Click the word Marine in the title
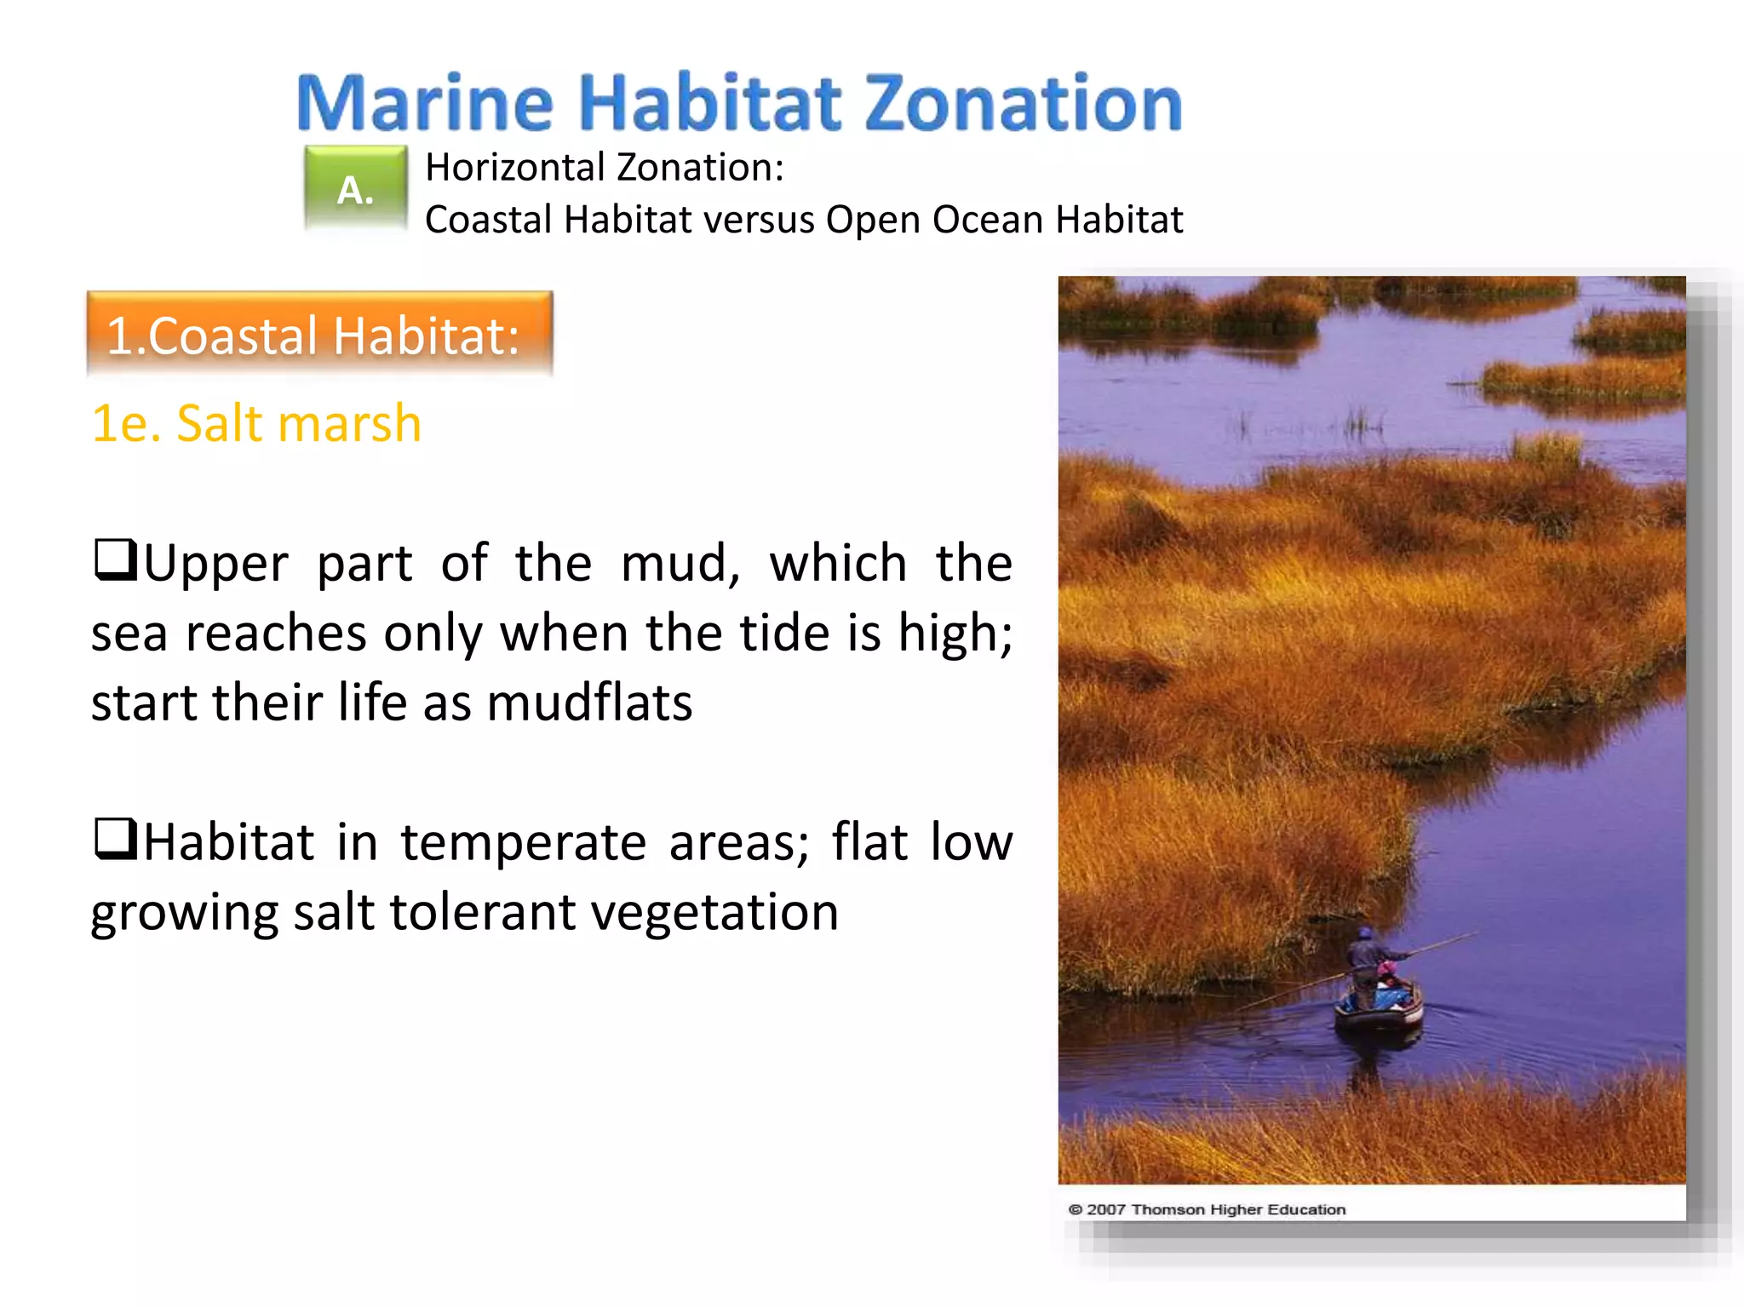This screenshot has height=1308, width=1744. point(424,103)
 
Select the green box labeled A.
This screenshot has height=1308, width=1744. point(355,189)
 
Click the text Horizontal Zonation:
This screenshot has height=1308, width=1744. point(604,167)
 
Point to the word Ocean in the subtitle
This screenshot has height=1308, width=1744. point(987,220)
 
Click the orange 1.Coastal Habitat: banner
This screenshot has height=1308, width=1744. point(319,334)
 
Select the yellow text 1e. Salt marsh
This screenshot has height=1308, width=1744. point(256,423)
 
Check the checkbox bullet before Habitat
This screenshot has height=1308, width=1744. point(115,839)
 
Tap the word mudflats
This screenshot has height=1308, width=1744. point(589,703)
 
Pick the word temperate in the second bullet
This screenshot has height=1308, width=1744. point(523,843)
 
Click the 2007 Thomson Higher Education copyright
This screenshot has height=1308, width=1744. point(1207,1209)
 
